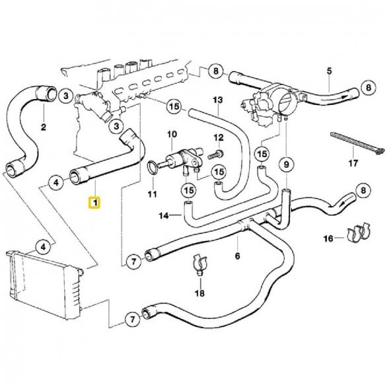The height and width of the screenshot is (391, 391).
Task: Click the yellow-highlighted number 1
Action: pos(95,202)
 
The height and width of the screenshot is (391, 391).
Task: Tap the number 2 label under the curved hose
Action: pos(44,127)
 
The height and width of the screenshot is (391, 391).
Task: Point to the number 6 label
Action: pos(237,254)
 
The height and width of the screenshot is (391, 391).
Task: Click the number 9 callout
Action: pos(287,163)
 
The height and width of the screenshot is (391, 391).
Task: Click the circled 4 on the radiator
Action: pos(43,248)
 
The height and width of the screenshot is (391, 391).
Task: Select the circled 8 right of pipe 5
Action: pos(368,87)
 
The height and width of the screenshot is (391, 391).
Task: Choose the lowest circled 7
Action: pos(132,320)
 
